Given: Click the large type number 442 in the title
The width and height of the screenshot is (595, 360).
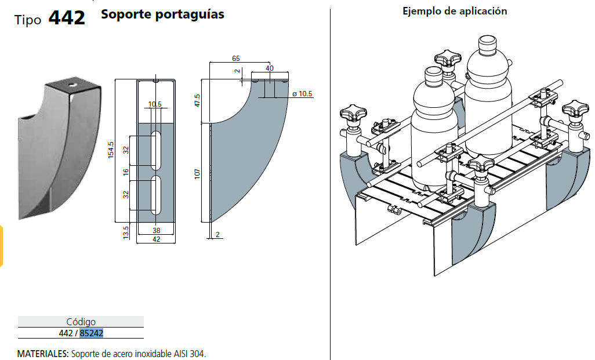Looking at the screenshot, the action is click(67, 18).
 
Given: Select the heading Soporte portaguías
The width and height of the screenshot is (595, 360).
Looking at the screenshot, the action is click(162, 14).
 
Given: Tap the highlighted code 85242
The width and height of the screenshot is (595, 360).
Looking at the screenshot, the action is click(92, 333).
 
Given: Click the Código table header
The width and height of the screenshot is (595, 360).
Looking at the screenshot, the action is click(81, 322).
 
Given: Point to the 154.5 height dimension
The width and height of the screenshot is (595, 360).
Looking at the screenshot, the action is click(111, 150).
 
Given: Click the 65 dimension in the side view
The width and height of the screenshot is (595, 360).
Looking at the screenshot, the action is click(236, 59).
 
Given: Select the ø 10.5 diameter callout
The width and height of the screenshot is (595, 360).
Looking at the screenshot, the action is click(302, 94).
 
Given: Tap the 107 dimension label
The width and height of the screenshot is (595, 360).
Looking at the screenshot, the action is click(197, 174).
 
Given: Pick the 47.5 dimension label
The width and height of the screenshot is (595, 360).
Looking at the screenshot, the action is click(197, 100).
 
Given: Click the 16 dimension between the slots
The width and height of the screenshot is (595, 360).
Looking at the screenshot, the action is click(126, 172).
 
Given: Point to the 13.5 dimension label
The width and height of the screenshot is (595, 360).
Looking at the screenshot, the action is click(126, 232).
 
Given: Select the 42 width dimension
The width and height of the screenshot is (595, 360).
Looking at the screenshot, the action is click(157, 239).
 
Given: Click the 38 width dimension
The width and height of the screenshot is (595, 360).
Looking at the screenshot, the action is click(157, 230).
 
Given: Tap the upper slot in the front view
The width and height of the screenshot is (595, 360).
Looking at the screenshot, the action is click(155, 150).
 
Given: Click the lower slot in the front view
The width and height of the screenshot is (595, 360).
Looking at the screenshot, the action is click(155, 195).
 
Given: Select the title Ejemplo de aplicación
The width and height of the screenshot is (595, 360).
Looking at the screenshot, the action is click(455, 12).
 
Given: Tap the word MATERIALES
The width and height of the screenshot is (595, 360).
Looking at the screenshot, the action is click(43, 354).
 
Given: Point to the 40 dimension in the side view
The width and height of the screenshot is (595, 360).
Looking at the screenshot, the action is click(270, 68).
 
